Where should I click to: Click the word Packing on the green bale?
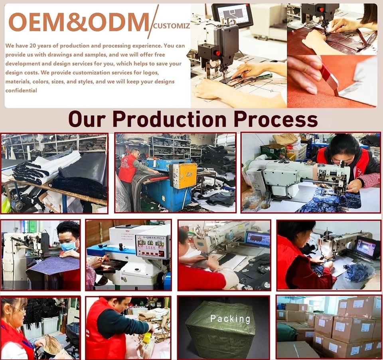tap(230, 319)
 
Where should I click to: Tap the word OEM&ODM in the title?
tap(79, 22)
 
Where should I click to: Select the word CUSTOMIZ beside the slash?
tap(172, 26)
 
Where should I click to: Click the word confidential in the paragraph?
tap(21, 90)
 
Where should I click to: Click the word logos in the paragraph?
tap(151, 73)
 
